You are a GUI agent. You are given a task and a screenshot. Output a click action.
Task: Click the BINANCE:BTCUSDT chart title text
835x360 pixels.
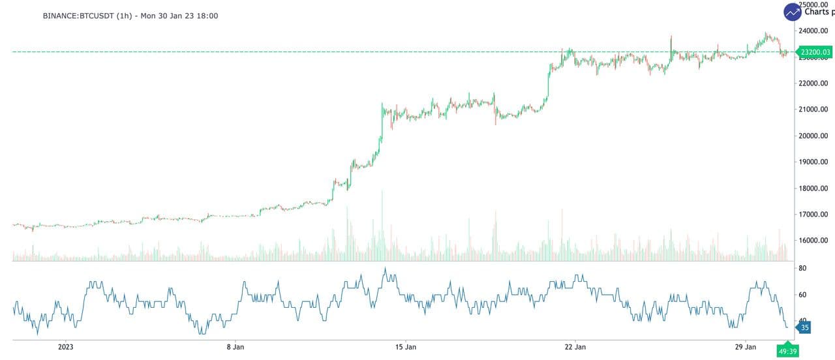[x=130, y=16]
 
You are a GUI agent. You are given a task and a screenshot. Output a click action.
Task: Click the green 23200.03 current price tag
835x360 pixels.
[x=815, y=52]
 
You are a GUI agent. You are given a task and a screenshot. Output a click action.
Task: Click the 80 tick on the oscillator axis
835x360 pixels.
[x=803, y=269]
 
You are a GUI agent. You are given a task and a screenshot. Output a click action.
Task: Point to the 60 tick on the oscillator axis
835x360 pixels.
[x=803, y=295]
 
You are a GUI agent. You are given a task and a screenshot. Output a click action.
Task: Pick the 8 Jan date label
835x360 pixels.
[x=235, y=347]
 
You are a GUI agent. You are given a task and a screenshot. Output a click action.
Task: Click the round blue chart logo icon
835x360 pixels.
[x=793, y=12]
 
